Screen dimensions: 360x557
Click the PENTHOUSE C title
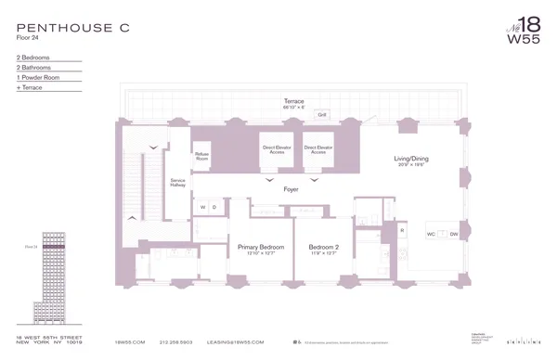click(x=72, y=29)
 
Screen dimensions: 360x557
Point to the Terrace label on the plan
click(x=293, y=101)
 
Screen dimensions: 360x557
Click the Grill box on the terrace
click(x=322, y=115)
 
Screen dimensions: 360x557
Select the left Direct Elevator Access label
click(x=276, y=149)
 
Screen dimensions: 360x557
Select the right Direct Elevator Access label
click(x=318, y=149)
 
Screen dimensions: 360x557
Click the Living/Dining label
click(x=412, y=160)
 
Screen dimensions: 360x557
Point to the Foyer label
click(x=291, y=189)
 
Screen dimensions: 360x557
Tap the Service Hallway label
click(x=177, y=183)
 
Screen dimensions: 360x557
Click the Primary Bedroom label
click(x=260, y=249)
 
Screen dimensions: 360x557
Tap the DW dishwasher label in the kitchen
click(x=454, y=234)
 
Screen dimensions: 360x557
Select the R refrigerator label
click(x=402, y=227)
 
